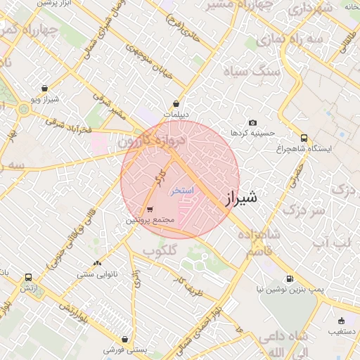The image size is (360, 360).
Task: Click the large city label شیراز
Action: [240, 198]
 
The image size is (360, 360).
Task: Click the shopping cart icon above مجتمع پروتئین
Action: [150, 210]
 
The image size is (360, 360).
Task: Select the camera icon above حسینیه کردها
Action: [253, 123]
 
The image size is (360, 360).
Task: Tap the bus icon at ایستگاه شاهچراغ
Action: [304, 139]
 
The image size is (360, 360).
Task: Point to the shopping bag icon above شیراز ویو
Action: [45, 89]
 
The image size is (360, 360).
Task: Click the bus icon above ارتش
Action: [27, 278]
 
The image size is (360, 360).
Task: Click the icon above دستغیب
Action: [342, 320]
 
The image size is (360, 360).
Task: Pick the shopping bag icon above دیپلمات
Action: [185, 104]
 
